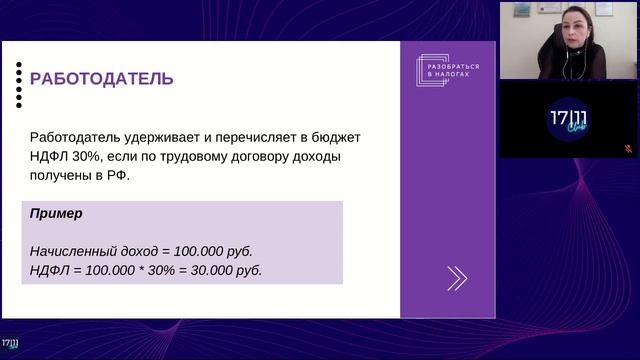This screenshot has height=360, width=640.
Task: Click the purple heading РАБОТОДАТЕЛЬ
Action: (x=101, y=79)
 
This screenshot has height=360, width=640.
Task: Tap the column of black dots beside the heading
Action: (x=19, y=84)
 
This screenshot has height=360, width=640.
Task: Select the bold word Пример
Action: (x=56, y=214)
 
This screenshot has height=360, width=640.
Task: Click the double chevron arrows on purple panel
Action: (x=457, y=278)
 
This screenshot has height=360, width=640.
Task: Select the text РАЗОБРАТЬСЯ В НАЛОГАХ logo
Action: (x=443, y=69)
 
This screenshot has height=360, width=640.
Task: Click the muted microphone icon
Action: (x=628, y=148)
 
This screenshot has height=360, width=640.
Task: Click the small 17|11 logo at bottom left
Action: (x=11, y=343)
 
